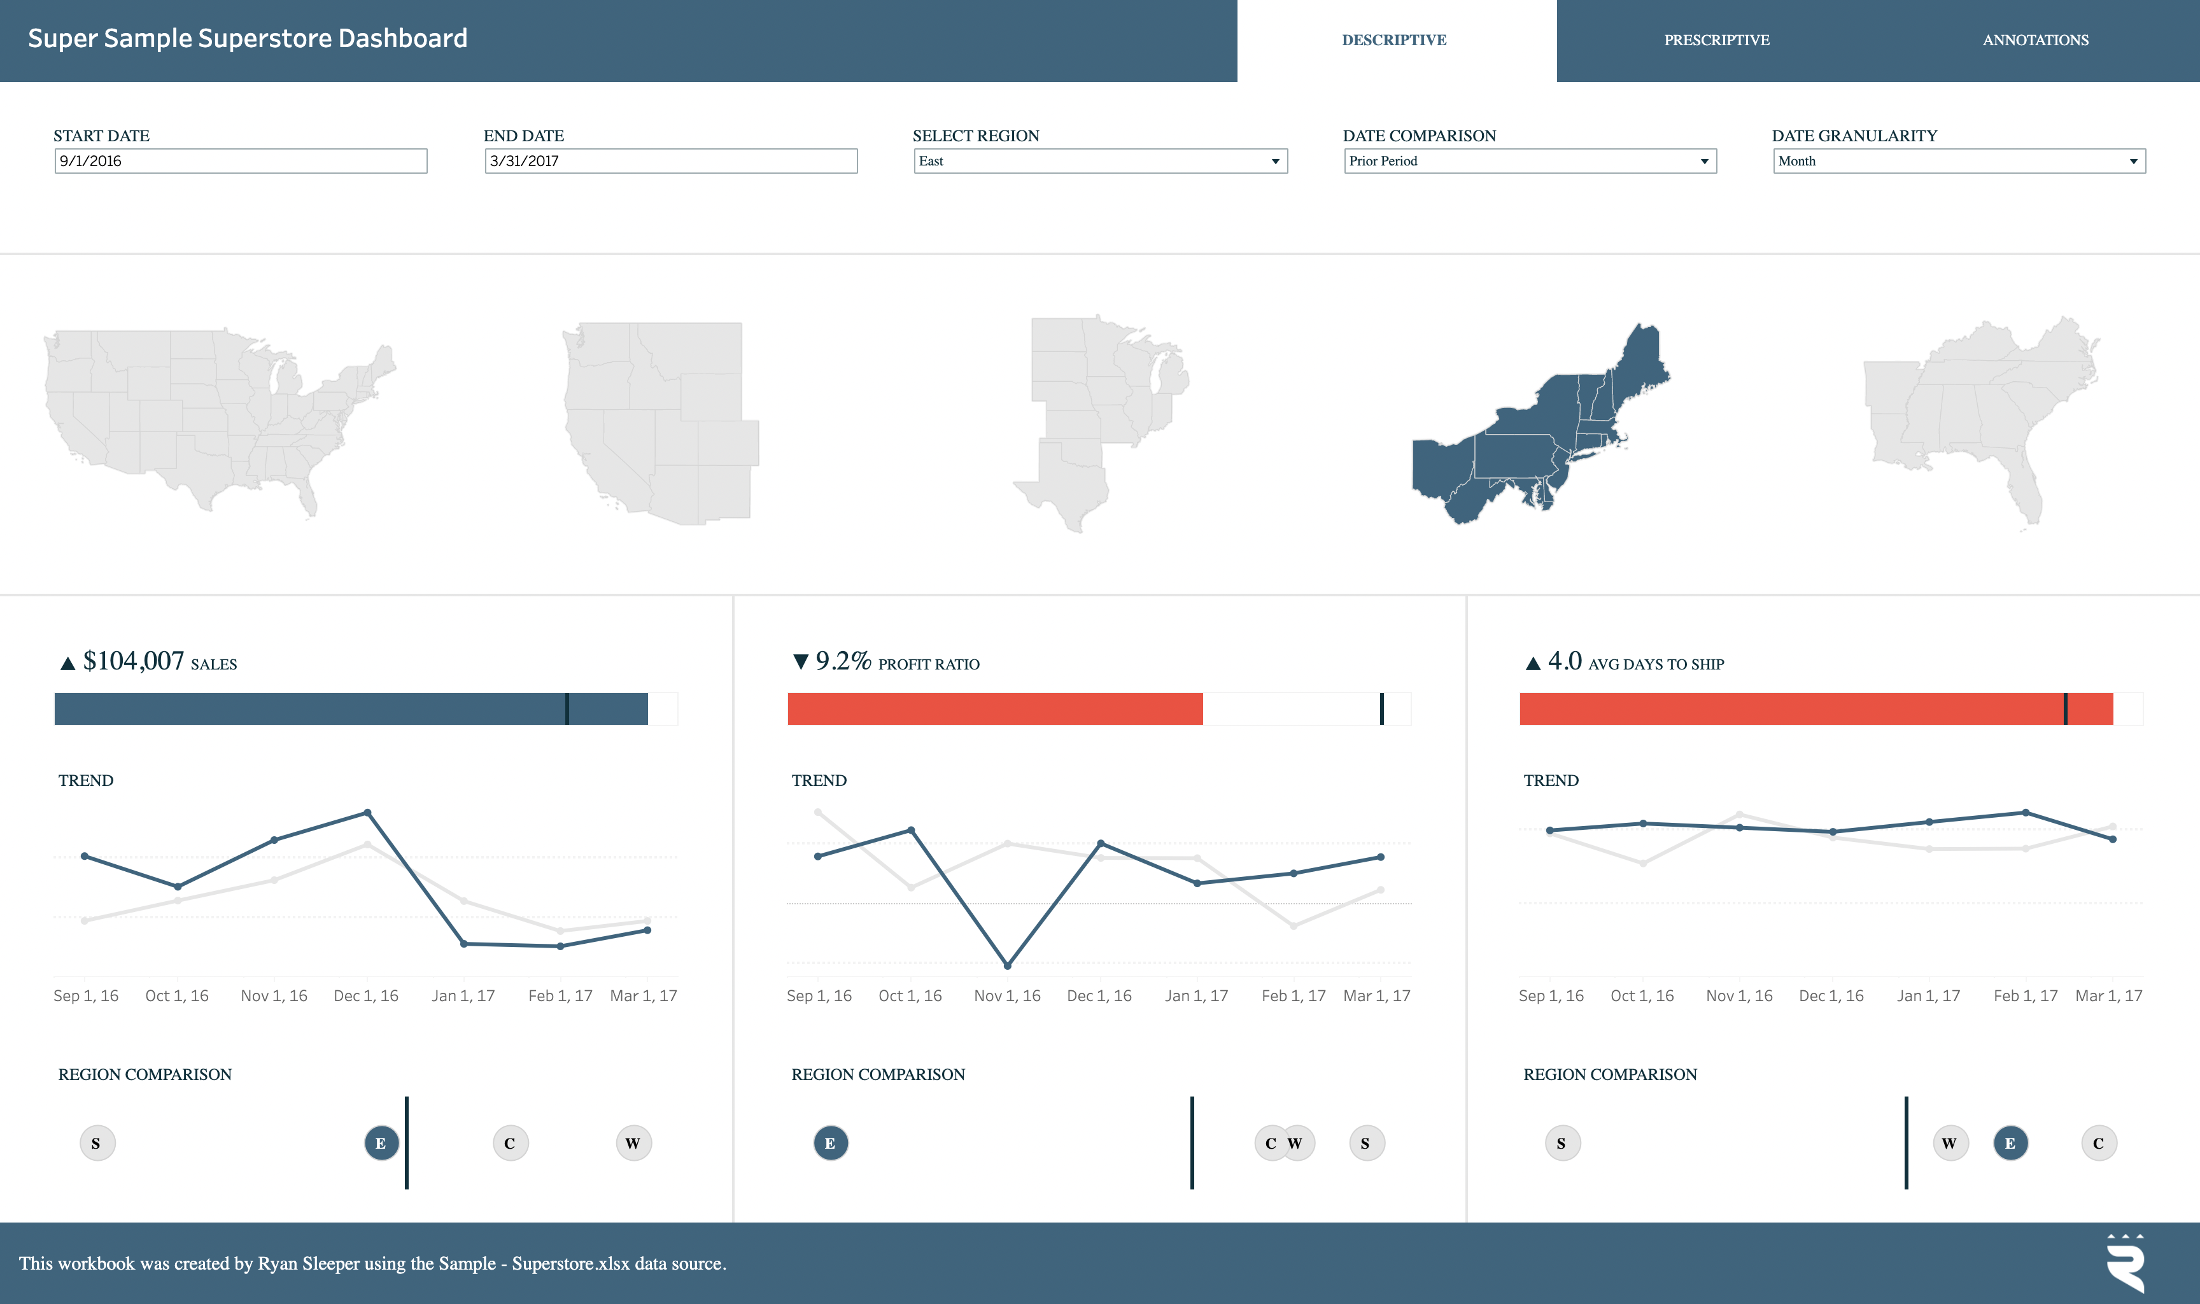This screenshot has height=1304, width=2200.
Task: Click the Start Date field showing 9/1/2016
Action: (x=240, y=161)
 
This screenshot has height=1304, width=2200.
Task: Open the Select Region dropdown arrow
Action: (x=1274, y=162)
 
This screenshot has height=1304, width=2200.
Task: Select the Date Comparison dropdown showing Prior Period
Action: (x=1529, y=161)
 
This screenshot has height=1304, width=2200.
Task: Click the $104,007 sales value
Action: (x=134, y=661)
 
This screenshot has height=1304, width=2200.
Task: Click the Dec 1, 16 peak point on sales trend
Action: (x=367, y=813)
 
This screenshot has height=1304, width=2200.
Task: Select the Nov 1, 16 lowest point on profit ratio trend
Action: (x=1007, y=965)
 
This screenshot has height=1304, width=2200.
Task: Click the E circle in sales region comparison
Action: (x=381, y=1143)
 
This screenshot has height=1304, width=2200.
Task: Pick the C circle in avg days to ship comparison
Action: (x=2098, y=1143)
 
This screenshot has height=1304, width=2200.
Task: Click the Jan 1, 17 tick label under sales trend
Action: (x=463, y=995)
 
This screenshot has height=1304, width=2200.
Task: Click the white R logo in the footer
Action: (x=2126, y=1263)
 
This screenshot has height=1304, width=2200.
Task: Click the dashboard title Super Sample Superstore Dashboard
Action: (x=247, y=39)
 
